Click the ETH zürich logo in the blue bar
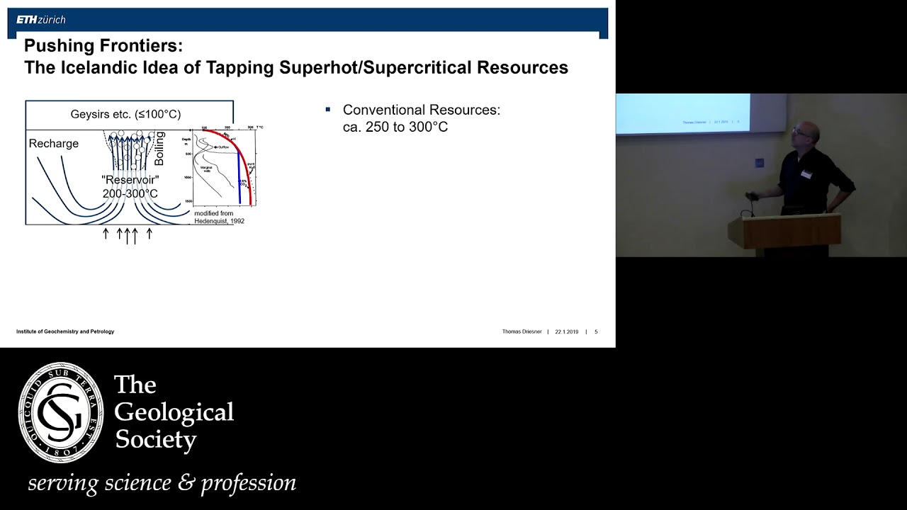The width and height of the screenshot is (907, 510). point(41,20)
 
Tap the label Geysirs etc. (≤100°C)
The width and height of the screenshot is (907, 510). point(125,114)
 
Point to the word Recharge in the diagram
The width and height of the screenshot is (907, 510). point(54,144)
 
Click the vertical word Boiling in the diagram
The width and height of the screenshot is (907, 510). point(159,148)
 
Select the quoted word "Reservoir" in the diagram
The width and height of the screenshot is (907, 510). point(130,181)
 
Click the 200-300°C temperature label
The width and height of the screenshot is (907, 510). point(130,193)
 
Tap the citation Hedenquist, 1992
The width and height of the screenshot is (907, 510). point(220,221)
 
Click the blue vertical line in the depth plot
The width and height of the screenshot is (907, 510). point(239,170)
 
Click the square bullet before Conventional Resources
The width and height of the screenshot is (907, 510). point(328,109)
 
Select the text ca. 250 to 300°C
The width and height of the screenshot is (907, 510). point(395,127)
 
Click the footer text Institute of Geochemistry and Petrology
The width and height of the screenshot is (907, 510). point(65,331)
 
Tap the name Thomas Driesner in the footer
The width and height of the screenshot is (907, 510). point(522,331)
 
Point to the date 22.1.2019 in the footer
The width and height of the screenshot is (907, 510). point(567,331)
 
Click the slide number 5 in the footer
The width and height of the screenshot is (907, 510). point(596,331)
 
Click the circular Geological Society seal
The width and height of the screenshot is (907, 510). point(61,413)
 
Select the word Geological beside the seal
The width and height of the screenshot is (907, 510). point(174,412)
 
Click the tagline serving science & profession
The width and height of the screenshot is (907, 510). point(162,483)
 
